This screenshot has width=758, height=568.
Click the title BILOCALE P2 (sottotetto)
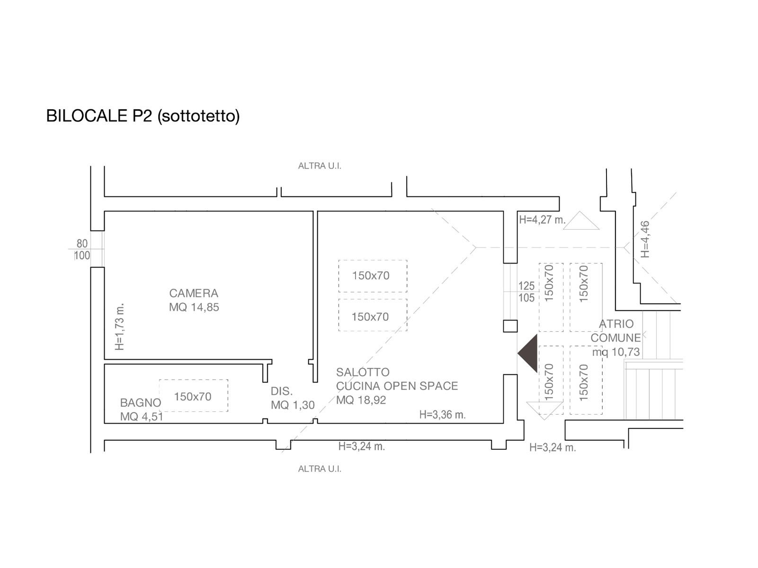[x=143, y=116]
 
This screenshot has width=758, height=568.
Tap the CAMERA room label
[x=194, y=293]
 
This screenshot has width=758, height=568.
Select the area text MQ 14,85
[x=194, y=307]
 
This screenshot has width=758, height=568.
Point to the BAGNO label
[x=140, y=403]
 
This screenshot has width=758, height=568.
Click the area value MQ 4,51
[x=141, y=417]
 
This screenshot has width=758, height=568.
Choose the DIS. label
[x=282, y=391]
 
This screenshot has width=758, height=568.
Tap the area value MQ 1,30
[x=293, y=405]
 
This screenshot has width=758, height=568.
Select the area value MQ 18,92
[x=361, y=400]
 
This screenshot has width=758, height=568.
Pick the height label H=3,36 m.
[x=442, y=415]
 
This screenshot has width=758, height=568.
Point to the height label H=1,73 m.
[x=120, y=327]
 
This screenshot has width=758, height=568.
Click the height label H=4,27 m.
[x=542, y=220]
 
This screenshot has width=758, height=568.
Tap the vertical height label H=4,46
[x=645, y=240]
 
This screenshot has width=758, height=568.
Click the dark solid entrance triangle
[x=529, y=353]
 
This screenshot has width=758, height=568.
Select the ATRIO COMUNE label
[x=615, y=331]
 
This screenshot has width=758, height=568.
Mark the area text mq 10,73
[x=615, y=352]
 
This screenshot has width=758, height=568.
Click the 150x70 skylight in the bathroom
[x=193, y=396]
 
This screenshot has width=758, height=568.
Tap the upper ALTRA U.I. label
[x=320, y=166]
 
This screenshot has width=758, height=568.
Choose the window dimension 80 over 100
[x=82, y=249]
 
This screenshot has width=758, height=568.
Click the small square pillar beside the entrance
[x=510, y=326]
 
